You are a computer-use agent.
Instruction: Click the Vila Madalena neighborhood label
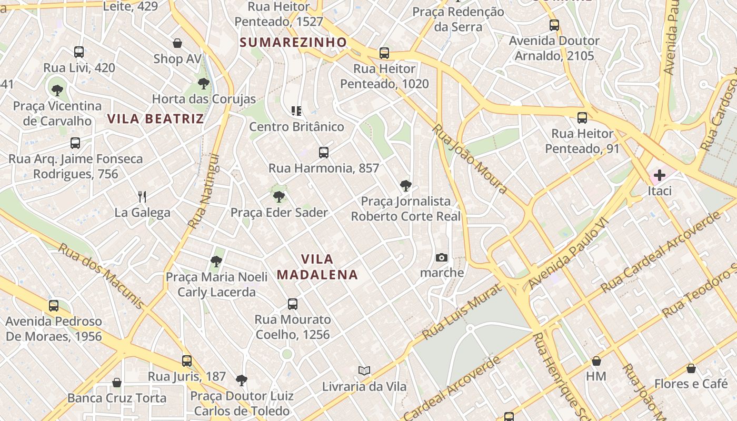click(x=317, y=267)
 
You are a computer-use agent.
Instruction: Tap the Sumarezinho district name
click(x=293, y=42)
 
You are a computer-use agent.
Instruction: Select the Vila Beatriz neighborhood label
click(x=155, y=118)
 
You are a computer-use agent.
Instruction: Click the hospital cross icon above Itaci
click(x=659, y=175)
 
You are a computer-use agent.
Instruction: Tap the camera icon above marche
click(x=442, y=257)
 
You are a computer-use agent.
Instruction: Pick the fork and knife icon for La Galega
click(x=142, y=197)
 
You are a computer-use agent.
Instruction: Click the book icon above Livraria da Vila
click(x=364, y=370)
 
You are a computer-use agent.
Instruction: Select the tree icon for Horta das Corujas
click(x=204, y=83)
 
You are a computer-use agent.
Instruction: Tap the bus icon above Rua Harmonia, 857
click(x=324, y=153)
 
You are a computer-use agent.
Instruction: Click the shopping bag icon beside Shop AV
click(x=177, y=43)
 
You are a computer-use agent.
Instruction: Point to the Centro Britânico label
click(x=296, y=127)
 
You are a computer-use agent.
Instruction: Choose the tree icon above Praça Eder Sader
click(x=279, y=197)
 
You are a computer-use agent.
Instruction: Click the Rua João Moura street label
click(x=470, y=159)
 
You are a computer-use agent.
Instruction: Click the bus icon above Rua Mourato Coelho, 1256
click(x=293, y=304)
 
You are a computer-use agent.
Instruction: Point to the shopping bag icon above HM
click(x=596, y=361)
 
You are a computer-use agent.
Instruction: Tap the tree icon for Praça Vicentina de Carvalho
click(x=57, y=90)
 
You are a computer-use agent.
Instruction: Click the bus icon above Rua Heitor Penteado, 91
click(x=582, y=118)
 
